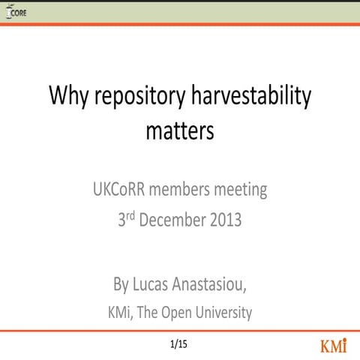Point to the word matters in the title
point(180,130)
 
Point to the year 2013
point(226,221)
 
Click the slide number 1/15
point(178,345)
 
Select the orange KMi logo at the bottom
point(334,346)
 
